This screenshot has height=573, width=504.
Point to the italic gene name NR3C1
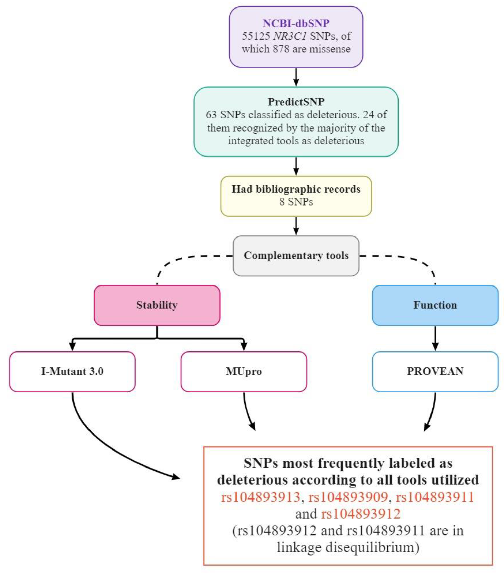(288, 36)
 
